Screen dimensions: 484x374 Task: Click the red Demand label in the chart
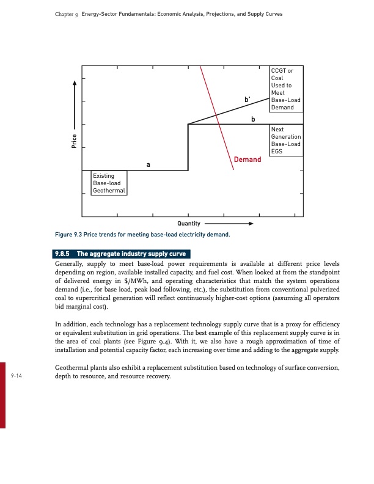point(247,159)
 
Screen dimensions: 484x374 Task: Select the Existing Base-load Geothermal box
point(109,183)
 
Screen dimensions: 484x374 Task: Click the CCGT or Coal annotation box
point(285,89)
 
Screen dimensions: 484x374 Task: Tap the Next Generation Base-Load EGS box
point(285,141)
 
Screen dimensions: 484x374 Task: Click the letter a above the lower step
point(148,165)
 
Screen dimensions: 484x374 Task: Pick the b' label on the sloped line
point(247,100)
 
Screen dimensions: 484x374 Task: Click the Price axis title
point(74,141)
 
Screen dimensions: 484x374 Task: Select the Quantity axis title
point(188,224)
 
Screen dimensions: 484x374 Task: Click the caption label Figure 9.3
point(72,235)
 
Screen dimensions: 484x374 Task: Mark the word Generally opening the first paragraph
point(70,263)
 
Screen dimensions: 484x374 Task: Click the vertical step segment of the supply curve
point(188,147)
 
